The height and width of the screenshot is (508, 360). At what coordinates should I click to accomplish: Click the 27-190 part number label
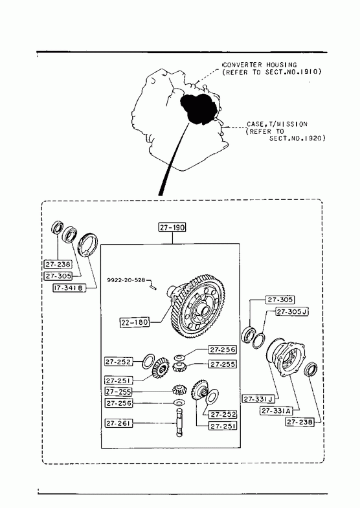pos(172,227)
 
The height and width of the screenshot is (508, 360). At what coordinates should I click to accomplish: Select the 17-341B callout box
pos(70,287)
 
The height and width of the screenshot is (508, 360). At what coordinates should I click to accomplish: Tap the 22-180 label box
pos(135,322)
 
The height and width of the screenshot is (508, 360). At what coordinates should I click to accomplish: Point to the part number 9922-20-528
pos(126,280)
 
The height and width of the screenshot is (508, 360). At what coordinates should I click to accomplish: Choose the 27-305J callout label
pos(292,312)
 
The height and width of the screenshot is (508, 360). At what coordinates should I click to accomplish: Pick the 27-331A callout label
pos(276,411)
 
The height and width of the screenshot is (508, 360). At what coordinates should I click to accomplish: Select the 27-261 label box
pos(118,423)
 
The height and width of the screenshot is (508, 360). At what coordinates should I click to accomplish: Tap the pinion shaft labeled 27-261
pos(180,423)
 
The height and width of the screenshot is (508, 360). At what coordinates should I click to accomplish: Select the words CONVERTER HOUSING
pos(260,65)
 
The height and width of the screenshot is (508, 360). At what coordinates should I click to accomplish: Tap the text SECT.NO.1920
pos(297,138)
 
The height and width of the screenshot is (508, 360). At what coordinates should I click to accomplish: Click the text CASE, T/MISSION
pos(277,124)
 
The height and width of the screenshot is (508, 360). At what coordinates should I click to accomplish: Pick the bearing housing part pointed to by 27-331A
pos(286,358)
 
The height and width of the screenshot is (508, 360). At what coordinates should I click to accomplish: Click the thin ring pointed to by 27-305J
pos(258,341)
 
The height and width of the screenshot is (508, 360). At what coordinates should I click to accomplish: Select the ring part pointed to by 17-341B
pos(87,245)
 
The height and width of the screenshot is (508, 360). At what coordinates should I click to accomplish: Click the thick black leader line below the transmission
pos(172,159)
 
